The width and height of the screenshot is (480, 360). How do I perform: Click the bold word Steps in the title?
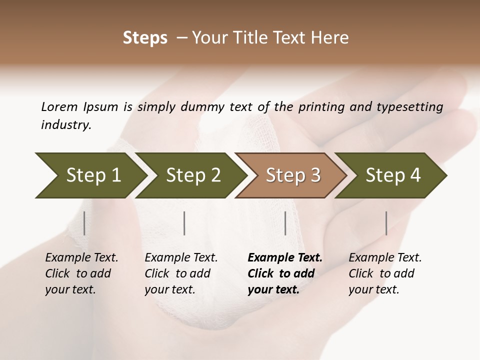click(145, 38)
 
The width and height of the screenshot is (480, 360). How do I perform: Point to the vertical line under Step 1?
click(84, 223)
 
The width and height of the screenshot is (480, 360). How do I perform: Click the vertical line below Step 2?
click(184, 223)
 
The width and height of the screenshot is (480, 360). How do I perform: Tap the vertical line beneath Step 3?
click(285, 223)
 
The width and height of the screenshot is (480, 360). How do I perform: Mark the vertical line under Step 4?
click(386, 223)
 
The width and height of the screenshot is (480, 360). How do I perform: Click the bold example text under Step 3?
click(284, 273)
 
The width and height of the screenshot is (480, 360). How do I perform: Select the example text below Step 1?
click(81, 273)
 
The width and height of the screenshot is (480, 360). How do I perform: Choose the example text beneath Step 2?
click(181, 273)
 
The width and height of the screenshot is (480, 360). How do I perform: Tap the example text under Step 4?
click(385, 273)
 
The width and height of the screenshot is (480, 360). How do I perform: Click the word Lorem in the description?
click(59, 106)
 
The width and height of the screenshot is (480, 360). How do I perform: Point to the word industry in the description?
click(65, 125)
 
